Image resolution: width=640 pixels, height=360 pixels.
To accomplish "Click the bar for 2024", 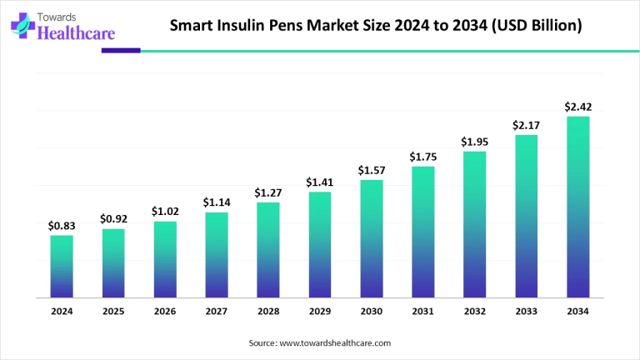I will tap(62, 267).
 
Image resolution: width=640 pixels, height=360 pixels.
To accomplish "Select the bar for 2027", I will tap(217, 255).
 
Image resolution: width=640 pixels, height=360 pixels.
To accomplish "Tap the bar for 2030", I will tap(372, 239).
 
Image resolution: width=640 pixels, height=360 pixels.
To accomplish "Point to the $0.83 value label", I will tap(62, 226).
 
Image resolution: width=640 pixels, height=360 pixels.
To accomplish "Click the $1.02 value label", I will tap(165, 212).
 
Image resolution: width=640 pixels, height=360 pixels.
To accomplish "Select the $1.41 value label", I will tap(320, 182).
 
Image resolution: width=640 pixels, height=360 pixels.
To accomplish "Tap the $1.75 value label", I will tap(423, 157).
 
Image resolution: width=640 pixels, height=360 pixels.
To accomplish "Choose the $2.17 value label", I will tap(526, 125).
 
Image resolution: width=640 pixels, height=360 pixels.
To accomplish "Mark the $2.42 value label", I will tap(577, 107).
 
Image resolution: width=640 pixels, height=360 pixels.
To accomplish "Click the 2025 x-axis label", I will tap(113, 311).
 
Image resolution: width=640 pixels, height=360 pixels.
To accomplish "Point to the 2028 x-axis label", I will tap(268, 311).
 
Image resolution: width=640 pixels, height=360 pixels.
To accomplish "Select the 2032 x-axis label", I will tap(474, 311).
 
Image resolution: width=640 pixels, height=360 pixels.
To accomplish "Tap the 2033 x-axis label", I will tap(526, 311).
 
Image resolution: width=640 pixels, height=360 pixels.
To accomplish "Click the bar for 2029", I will tap(320, 245).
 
